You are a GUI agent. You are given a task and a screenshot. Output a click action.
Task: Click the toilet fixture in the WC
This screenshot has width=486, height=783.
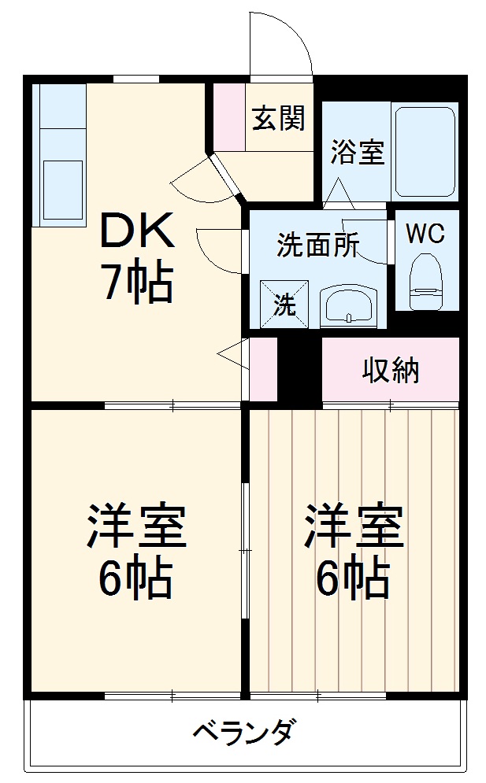[428, 280]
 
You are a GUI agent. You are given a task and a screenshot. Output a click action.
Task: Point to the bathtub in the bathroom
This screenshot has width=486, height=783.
[425, 150]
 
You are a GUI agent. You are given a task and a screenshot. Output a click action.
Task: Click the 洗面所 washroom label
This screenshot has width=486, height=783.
[317, 246]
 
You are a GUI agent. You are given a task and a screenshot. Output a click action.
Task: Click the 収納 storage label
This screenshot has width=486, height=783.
[390, 370]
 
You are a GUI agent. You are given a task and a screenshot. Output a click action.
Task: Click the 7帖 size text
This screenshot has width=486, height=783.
[135, 283]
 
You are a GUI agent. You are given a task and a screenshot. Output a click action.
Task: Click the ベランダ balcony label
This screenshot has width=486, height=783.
[243, 733]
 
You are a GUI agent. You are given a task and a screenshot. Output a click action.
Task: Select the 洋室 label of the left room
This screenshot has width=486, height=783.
[135, 527]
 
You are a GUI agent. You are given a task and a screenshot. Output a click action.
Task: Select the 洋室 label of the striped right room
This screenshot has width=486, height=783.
[354, 527]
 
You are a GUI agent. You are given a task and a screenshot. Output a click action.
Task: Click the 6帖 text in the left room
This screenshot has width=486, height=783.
[135, 581]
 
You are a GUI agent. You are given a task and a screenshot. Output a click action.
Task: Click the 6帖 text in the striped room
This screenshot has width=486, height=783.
[354, 581]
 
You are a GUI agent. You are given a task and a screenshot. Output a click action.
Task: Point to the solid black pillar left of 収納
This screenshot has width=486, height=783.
[299, 365]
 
